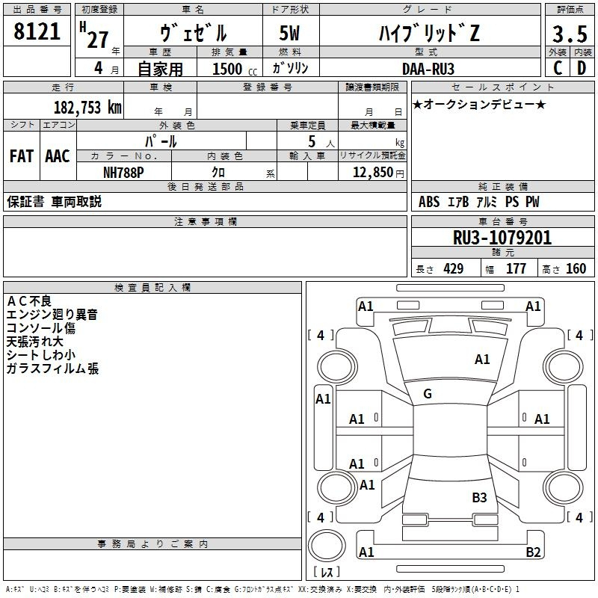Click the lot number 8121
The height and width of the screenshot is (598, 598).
coord(37,32)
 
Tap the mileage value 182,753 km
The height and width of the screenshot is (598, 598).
coord(87,107)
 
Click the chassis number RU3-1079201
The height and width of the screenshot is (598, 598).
coord(503,238)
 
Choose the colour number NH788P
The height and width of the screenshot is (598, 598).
coord(124,172)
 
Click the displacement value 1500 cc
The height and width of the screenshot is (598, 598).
coord(232,69)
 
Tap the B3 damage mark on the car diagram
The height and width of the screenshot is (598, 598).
coord(479,497)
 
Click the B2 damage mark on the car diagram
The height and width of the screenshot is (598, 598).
coord(533,552)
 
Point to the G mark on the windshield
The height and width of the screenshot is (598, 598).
coord(428,393)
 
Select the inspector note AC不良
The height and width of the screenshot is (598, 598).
coord(29,300)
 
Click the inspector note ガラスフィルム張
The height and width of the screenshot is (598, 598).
coord(52,369)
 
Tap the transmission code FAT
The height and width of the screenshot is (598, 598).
coord(22,155)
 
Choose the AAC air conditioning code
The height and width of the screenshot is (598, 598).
coord(58,155)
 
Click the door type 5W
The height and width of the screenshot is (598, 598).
coord(291,34)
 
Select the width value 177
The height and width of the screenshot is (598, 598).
coord(516,268)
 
